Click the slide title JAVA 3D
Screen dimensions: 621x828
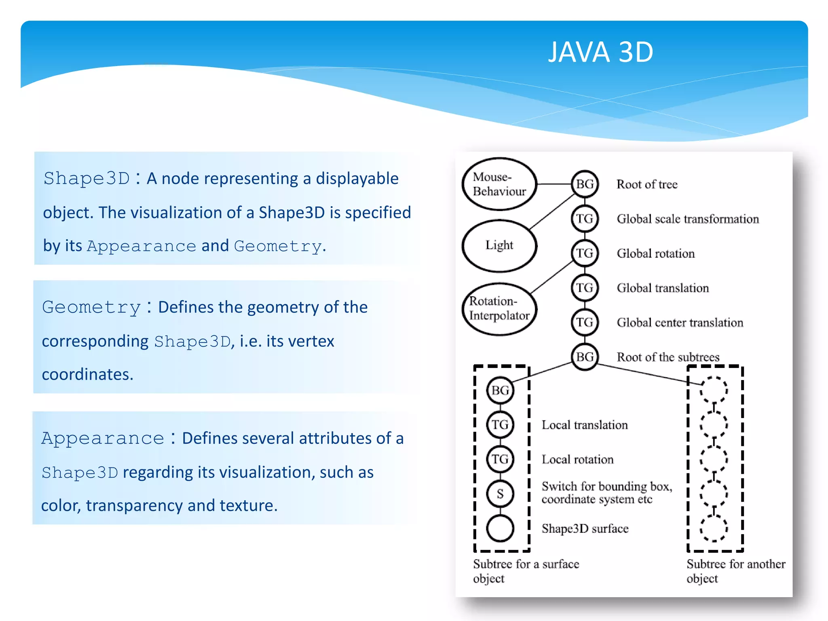click(x=600, y=52)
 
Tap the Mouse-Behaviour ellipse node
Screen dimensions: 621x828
click(x=499, y=184)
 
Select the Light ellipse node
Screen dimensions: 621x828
click(x=499, y=245)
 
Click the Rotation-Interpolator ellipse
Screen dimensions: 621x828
click(x=499, y=308)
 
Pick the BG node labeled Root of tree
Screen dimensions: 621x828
click(x=585, y=184)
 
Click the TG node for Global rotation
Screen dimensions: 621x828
click(x=585, y=253)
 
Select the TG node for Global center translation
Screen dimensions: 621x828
click(x=585, y=322)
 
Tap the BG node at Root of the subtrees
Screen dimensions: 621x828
click(x=585, y=357)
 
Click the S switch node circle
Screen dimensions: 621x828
click(x=500, y=494)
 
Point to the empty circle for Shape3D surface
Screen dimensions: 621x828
click(x=500, y=528)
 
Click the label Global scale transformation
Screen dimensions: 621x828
click(x=687, y=219)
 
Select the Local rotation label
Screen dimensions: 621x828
click(x=577, y=459)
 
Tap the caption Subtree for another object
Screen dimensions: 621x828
click(x=735, y=570)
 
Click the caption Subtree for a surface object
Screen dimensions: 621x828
click(x=526, y=570)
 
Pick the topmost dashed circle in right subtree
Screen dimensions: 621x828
click(x=714, y=390)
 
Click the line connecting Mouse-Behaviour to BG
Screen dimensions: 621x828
click(x=553, y=184)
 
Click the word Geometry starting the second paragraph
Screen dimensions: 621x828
click(x=91, y=307)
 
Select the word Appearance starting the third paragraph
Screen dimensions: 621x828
click(x=103, y=438)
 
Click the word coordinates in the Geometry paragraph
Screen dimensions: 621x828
click(x=87, y=374)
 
